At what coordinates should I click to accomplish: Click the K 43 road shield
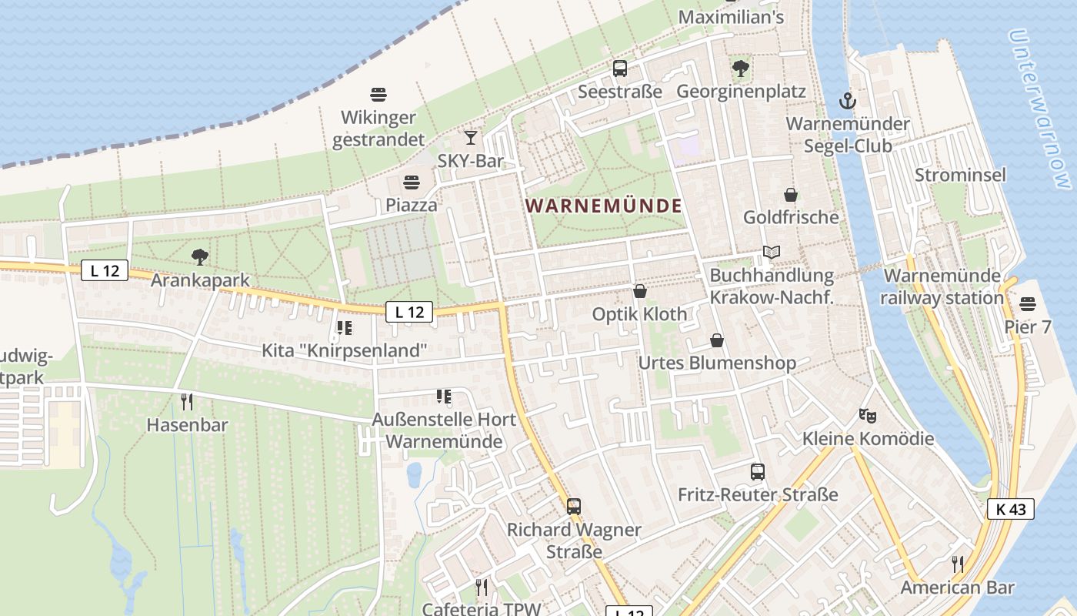coord(1011,509)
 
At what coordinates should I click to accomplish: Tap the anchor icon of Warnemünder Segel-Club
coord(847,101)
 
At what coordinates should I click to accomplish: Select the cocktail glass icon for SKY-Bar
coord(470,138)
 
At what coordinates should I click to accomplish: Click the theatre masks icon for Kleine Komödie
coord(868,416)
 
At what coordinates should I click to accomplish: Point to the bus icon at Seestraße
coord(620,69)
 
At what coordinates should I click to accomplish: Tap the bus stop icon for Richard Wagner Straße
coord(574,506)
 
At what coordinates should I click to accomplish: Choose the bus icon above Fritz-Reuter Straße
coord(758,471)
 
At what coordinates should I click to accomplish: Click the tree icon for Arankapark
coord(200,256)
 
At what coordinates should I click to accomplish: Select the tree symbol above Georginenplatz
coord(741,69)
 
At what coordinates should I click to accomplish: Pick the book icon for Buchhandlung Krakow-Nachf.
coord(772,252)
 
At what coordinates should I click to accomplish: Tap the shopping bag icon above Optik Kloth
coord(639,291)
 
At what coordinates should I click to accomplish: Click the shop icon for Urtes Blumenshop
coord(717,340)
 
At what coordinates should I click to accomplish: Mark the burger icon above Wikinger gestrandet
coord(378,95)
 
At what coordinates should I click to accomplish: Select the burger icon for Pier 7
coord(1028,304)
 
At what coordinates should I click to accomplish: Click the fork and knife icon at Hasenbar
coord(186,401)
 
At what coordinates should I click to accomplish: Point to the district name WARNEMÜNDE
coord(604,206)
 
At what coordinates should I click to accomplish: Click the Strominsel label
coord(960,175)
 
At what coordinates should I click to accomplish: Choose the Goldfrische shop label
coord(791,217)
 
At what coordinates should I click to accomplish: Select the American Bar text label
coord(958,588)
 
